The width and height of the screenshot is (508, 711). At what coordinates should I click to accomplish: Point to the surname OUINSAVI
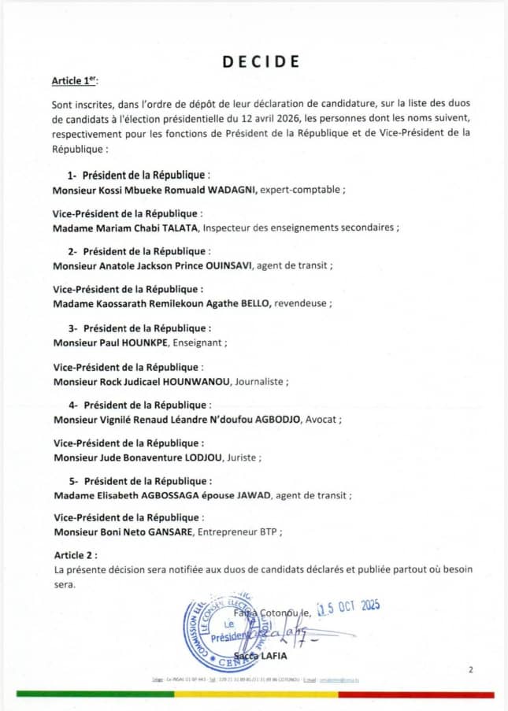click(229, 265)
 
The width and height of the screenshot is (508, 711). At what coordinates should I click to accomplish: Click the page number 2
click(470, 670)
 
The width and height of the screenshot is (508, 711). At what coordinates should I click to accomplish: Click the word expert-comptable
click(295, 191)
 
